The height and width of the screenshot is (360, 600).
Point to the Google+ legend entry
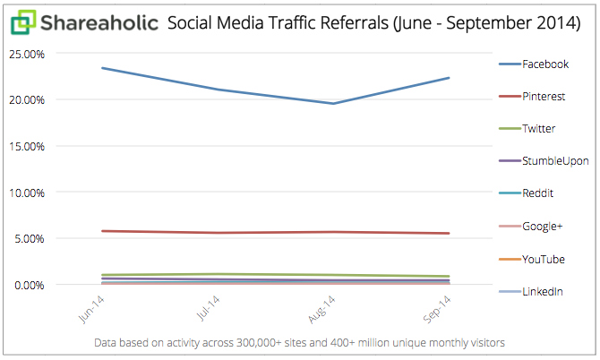[543, 227]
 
